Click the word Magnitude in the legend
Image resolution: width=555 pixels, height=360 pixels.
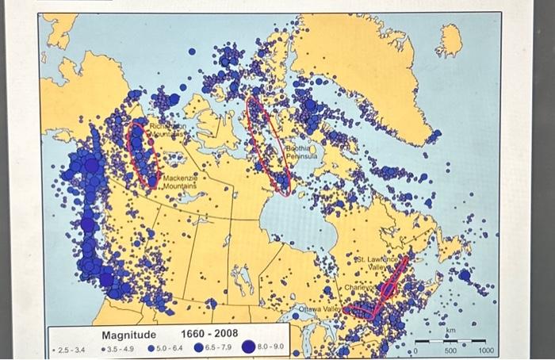coord(128,335)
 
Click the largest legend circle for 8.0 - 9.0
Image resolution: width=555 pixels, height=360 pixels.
coord(248,347)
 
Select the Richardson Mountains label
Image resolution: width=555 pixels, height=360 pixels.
coord(168,131)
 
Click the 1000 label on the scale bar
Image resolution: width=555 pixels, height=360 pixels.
coord(486,350)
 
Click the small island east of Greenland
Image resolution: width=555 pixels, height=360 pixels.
coord(449,40)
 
